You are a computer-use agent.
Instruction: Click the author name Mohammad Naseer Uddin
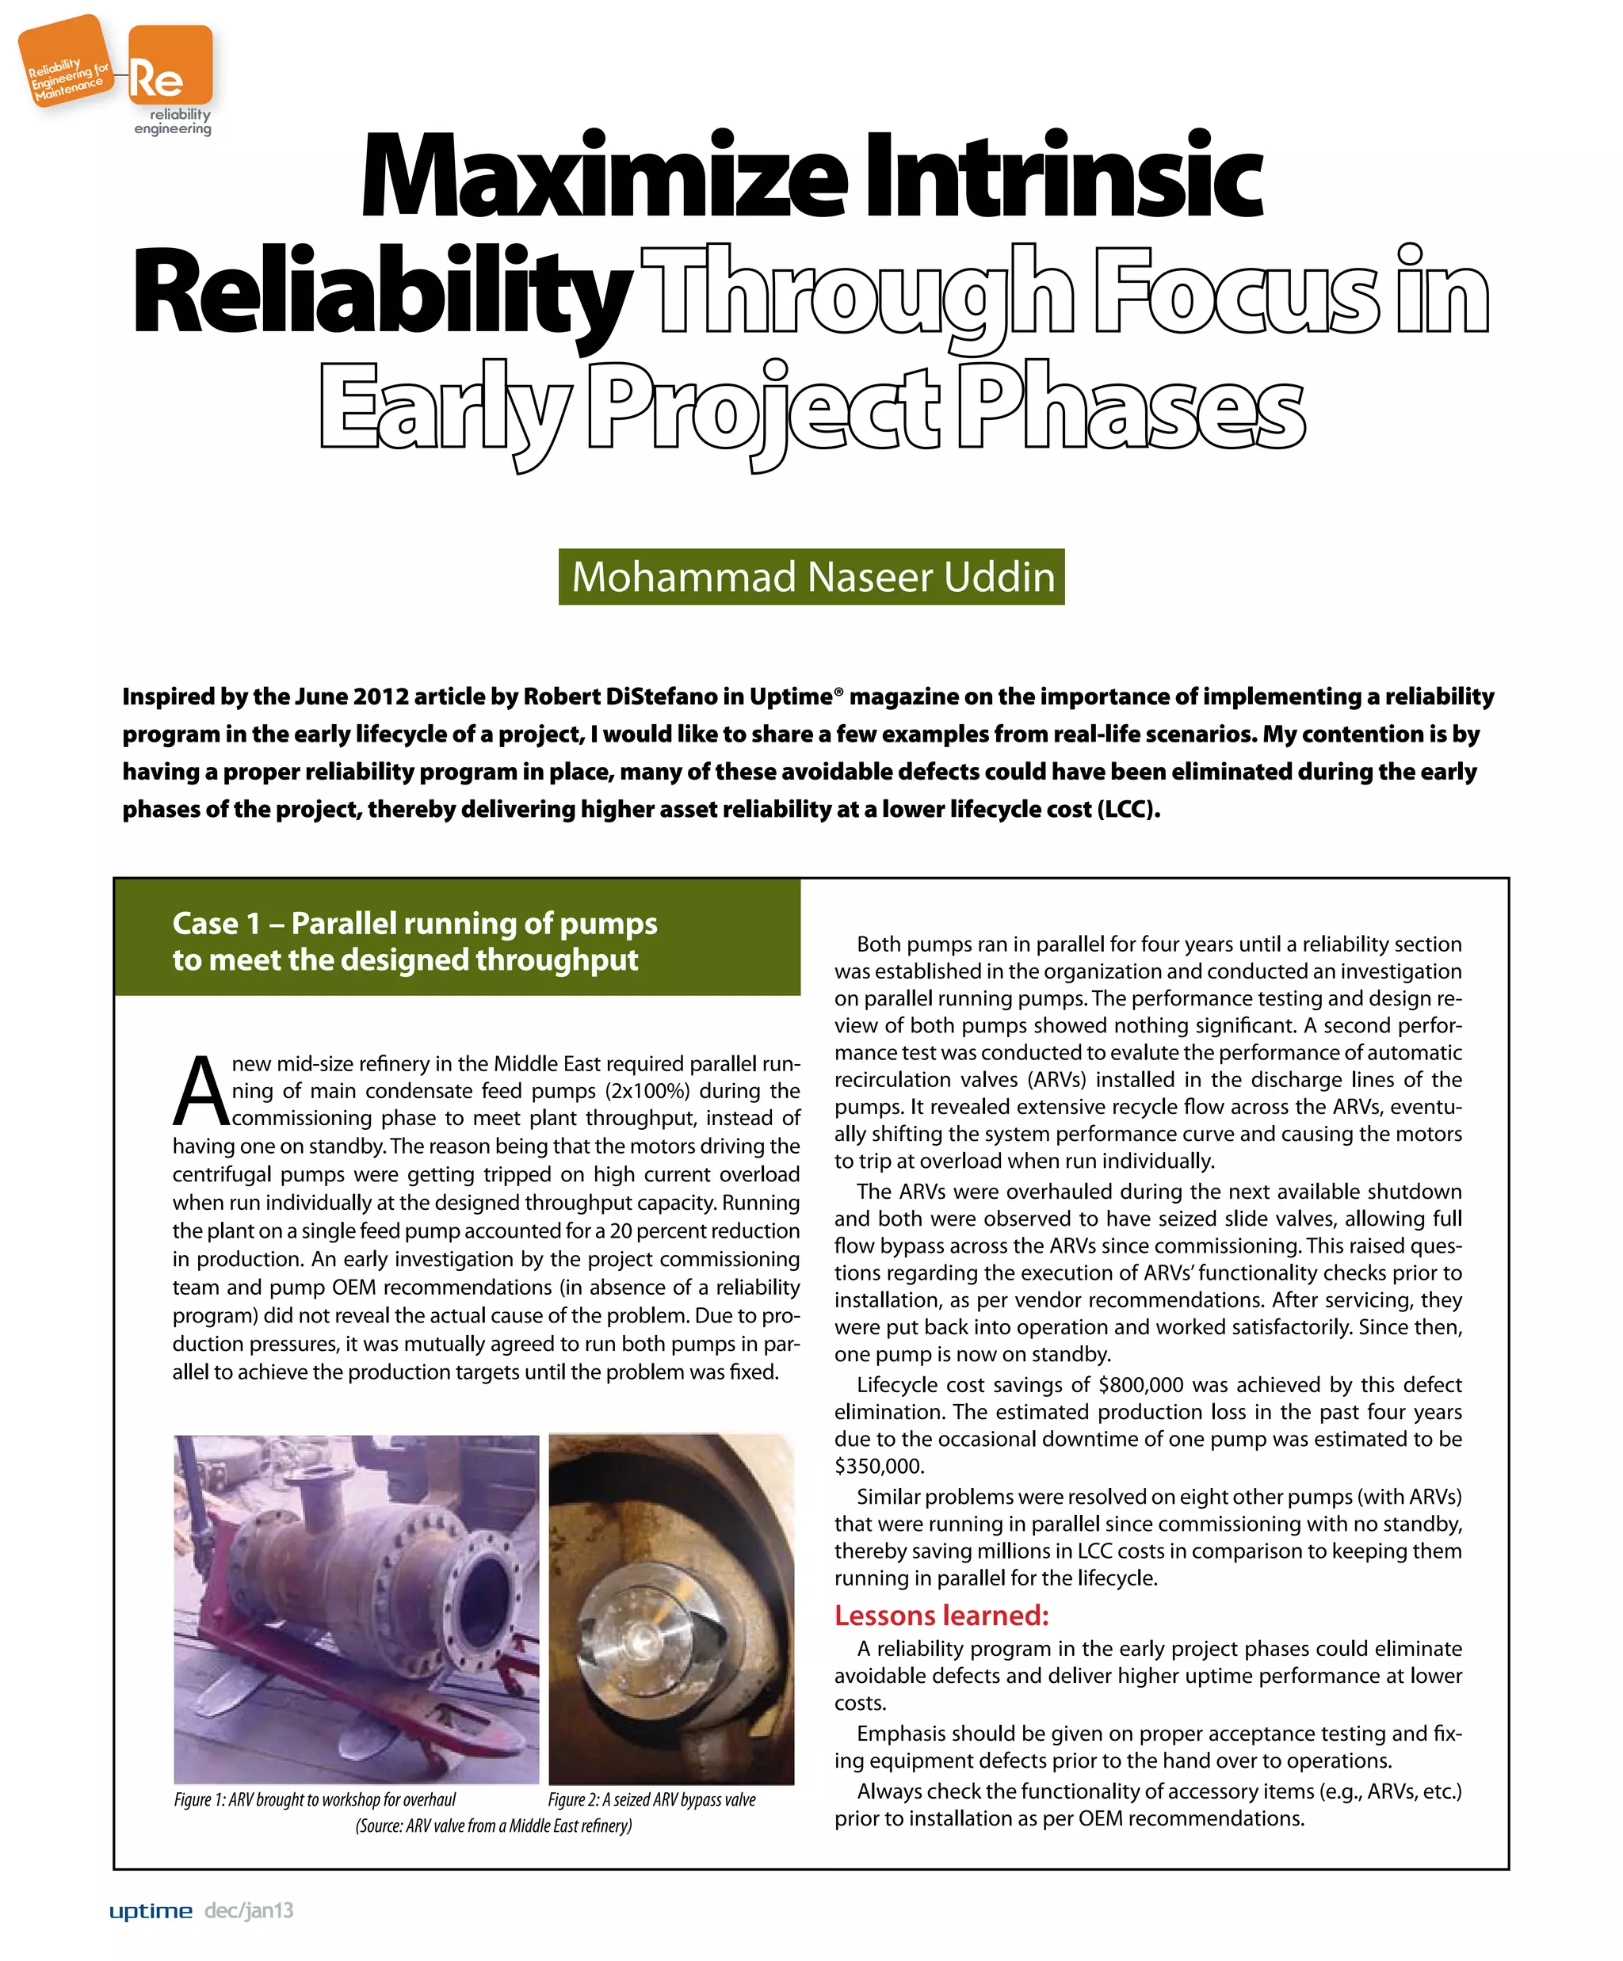(x=811, y=576)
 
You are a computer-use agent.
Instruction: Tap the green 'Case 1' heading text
(x=414, y=940)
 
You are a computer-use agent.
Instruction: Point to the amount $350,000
(x=878, y=1466)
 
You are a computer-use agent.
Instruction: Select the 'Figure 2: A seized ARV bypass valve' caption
(x=651, y=1799)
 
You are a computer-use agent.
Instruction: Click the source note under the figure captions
(x=493, y=1826)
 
